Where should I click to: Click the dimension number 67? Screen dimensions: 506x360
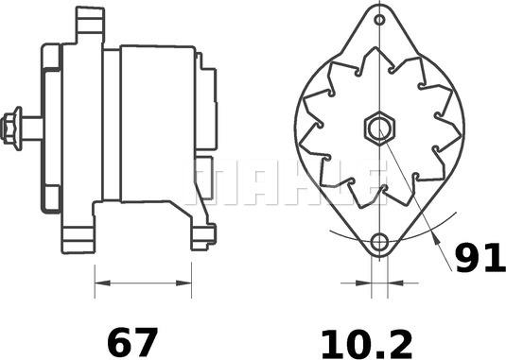tap(132, 342)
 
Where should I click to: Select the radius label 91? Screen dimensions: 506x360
tap(480, 258)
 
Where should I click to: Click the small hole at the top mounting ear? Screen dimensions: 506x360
tap(380, 20)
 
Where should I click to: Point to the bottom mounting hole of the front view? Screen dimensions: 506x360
tap(379, 242)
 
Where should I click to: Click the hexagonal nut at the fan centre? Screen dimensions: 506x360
tap(379, 128)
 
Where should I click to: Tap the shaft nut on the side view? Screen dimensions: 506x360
tap(11, 129)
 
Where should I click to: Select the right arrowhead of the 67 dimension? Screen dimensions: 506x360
tap(183, 283)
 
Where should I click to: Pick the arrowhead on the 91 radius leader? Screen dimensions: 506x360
tap(436, 238)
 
